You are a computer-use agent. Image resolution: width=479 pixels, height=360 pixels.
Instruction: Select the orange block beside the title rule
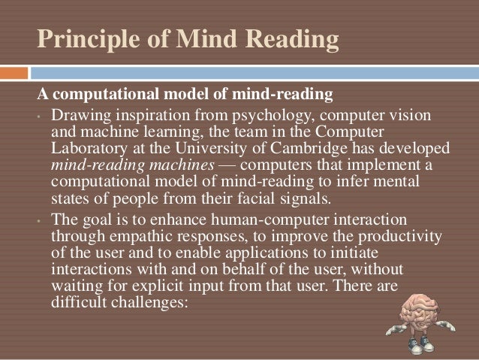click(14, 73)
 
